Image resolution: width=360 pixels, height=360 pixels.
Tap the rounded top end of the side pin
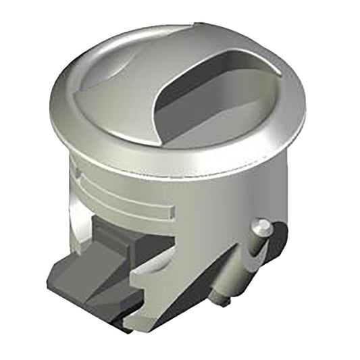(263, 227)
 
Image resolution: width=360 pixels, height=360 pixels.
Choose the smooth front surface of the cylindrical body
(203, 209)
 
